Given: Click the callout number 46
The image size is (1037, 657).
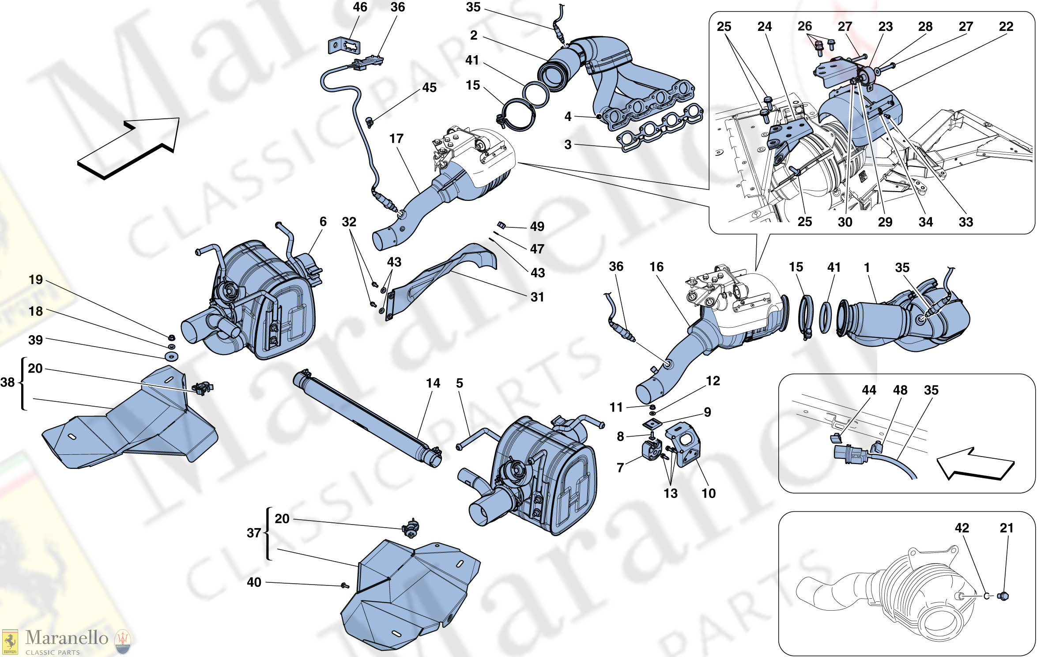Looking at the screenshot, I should pos(360,7).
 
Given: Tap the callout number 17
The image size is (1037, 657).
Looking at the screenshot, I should pos(396,139).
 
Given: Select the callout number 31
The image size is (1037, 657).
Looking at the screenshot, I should pos(537,297).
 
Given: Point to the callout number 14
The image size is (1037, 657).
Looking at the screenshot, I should pos(433,383).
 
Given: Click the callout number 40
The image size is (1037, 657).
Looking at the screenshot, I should pos(254,582).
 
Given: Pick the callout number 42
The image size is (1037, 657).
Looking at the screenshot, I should pos(962,528).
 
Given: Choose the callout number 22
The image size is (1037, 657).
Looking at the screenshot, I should pos(1006,26).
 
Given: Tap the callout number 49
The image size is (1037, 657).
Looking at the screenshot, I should pos(537,227).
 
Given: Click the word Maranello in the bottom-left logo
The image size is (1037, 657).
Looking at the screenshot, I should pos(67,638).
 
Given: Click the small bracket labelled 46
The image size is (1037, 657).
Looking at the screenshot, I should pos(343,46).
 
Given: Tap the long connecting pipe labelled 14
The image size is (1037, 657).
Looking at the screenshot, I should pos(366,417).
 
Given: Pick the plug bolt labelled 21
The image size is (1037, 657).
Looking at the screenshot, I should pos(1003,596).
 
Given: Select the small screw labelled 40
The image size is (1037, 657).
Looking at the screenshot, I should pos(345,585).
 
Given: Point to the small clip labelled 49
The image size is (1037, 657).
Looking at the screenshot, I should pos(501,225).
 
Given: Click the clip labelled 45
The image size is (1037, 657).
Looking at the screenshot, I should pos(370,121).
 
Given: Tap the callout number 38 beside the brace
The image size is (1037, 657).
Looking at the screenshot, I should pos(8,382).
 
